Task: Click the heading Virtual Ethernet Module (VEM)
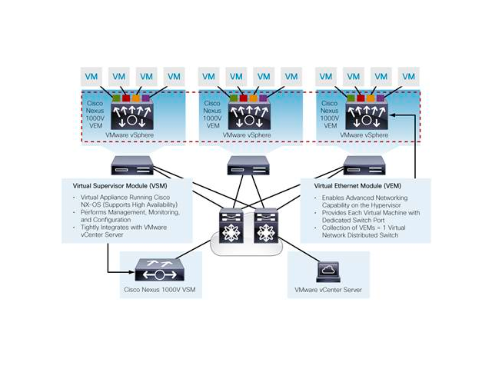coord(361,185)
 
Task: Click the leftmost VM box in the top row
coord(91,77)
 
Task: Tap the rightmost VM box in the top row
coord(408,77)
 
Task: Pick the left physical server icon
coord(125,165)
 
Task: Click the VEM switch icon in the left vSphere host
coord(131,115)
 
